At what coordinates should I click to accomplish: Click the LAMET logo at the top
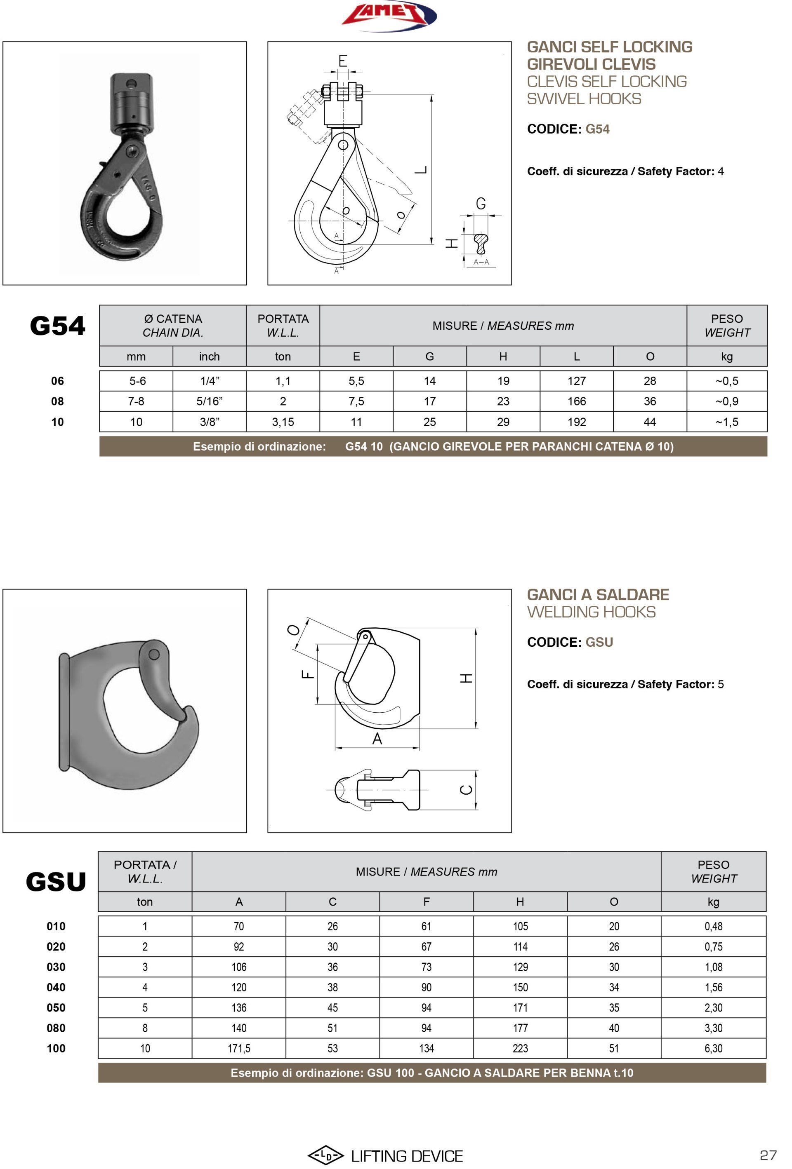point(389,15)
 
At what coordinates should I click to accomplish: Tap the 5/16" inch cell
point(209,401)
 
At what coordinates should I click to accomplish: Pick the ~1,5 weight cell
point(726,422)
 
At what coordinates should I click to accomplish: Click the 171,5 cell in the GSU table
point(239,1048)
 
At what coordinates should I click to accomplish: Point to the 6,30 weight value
point(713,1048)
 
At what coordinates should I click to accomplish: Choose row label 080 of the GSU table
point(56,1028)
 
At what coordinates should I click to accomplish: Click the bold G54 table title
point(57,326)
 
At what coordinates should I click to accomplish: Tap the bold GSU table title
point(56,882)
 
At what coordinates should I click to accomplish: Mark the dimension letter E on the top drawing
point(343,61)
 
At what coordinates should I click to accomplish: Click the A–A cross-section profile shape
point(481,244)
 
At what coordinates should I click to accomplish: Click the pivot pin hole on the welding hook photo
point(155,655)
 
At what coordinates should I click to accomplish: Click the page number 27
point(768,1155)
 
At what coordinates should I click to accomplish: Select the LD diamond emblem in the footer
point(325,1155)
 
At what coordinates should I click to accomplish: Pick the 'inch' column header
point(209,357)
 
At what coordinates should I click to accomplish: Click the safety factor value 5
point(721,684)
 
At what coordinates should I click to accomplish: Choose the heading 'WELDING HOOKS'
point(591,612)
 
